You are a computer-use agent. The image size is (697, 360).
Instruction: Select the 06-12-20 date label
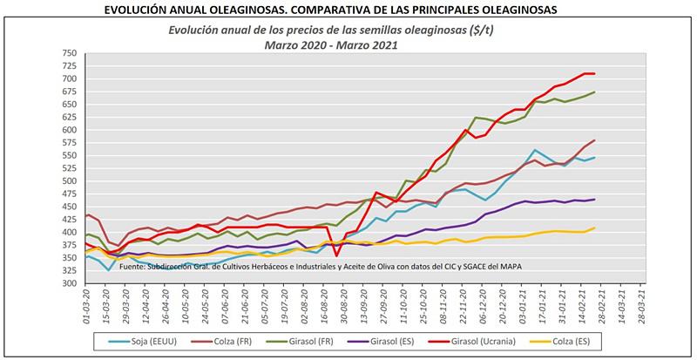[484, 305]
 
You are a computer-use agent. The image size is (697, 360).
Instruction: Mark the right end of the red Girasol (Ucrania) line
[594, 73]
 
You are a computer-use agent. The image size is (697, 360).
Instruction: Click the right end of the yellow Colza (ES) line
[594, 228]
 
